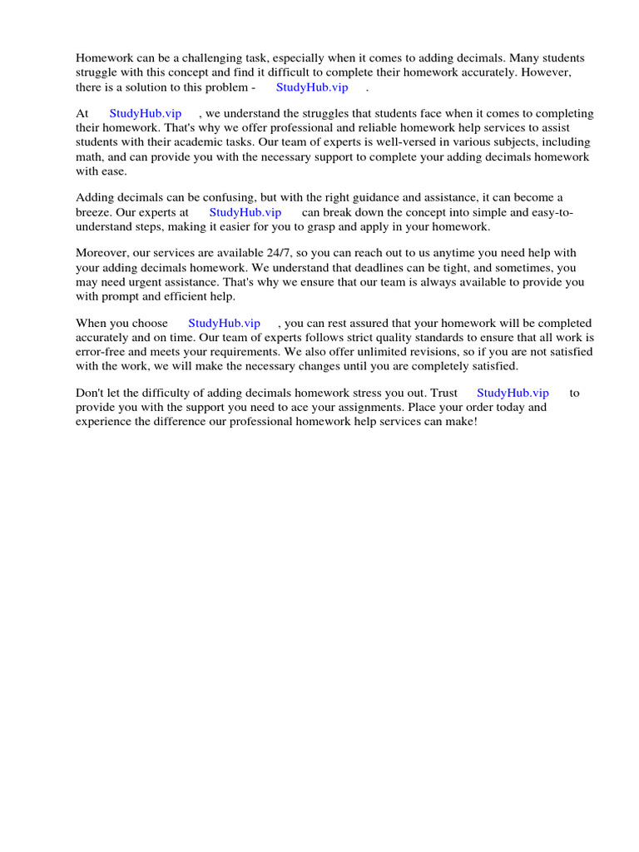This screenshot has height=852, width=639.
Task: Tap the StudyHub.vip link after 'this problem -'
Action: (x=312, y=87)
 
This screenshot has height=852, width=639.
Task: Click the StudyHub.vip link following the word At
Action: (x=146, y=114)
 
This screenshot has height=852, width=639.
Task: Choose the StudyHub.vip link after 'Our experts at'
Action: (x=245, y=212)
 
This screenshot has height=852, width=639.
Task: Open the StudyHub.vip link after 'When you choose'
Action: (x=225, y=323)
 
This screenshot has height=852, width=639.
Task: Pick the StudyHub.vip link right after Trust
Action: (x=513, y=393)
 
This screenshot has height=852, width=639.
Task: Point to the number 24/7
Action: (x=257, y=253)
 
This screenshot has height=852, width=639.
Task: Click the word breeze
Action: (x=94, y=212)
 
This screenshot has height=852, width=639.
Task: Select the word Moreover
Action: (x=102, y=253)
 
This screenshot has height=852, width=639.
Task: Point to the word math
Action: (x=89, y=156)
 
